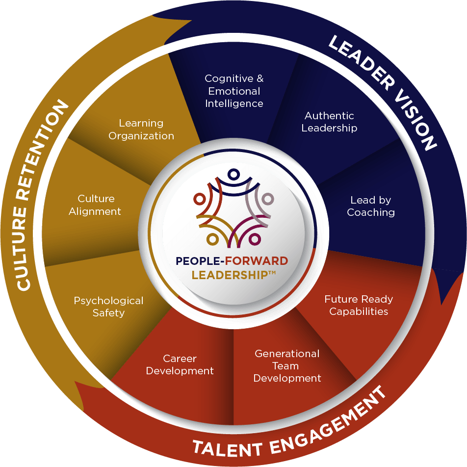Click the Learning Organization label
click(141, 130)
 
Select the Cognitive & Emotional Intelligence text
click(234, 91)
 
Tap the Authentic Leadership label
click(329, 122)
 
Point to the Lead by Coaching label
click(371, 207)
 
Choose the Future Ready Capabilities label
click(359, 305)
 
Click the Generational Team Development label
click(287, 366)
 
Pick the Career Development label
click(180, 365)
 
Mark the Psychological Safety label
click(108, 307)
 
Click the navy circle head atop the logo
click(233, 174)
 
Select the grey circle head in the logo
click(267, 199)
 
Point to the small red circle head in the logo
click(199, 199)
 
